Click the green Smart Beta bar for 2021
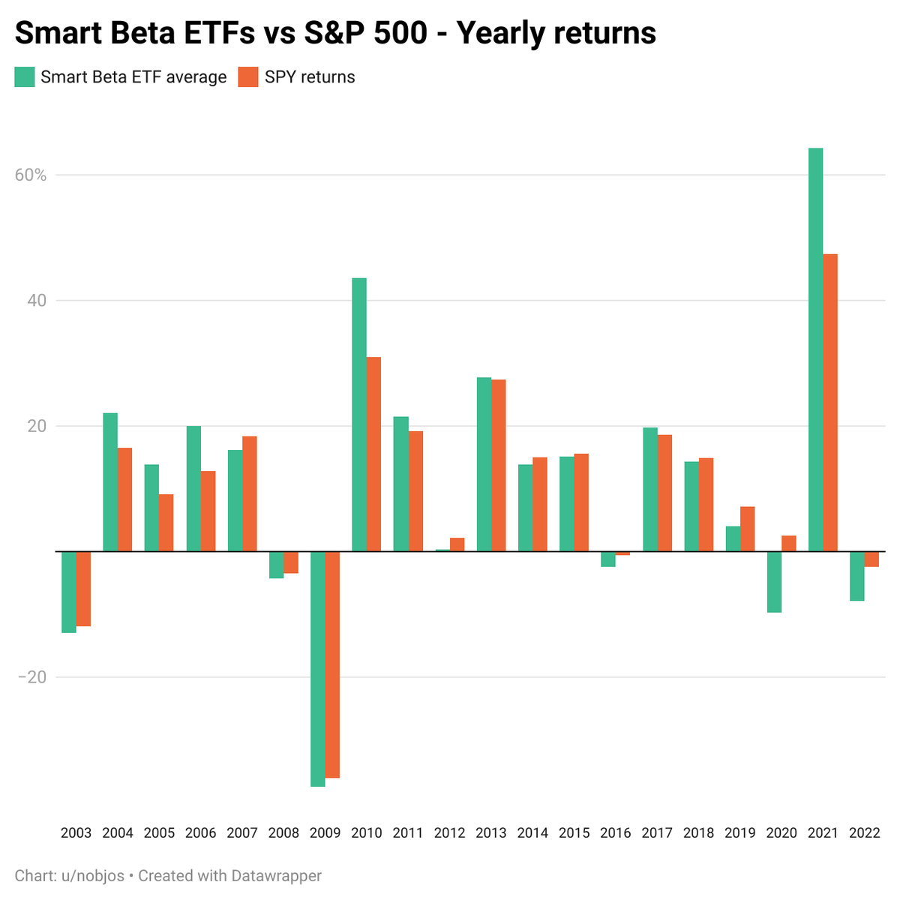pos(815,349)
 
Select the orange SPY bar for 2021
pos(830,403)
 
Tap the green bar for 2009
pos(318,669)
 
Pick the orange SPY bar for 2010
pos(373,454)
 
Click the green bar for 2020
pos(774,582)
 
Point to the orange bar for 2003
pos(83,589)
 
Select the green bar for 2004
pos(110,482)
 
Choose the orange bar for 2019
pos(747,529)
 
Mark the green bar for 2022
pos(857,576)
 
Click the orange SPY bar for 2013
pos(498,466)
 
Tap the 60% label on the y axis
pos(30,175)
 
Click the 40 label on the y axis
pos(37,301)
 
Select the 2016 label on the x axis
pos(616,833)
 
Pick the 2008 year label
pos(283,833)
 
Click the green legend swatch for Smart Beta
pos(25,77)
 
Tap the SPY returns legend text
pos(310,77)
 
